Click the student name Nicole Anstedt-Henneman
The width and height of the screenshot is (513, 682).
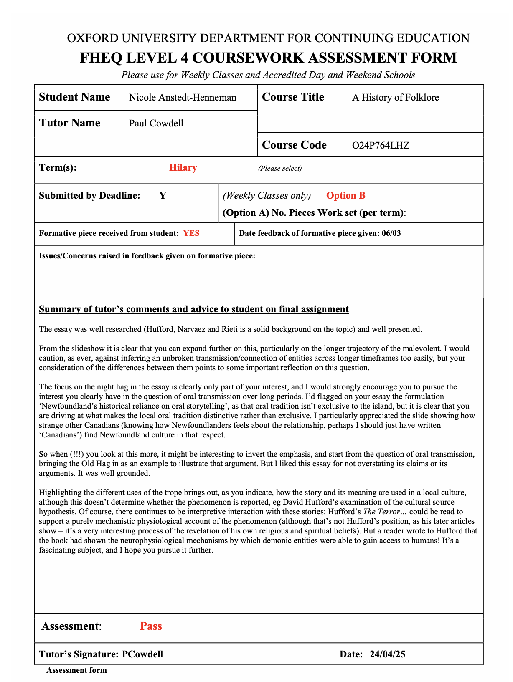183,98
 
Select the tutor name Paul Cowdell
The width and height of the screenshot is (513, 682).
156,124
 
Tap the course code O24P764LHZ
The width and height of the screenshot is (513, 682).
381,146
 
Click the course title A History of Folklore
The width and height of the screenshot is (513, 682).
396,98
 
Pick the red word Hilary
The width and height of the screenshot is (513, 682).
183,168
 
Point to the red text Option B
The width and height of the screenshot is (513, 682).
345,196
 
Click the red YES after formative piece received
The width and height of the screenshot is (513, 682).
191,233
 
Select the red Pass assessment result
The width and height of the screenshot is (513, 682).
151,626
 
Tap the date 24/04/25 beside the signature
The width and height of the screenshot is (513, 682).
387,654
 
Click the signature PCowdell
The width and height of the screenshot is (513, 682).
142,654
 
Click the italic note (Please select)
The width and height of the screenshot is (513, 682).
279,169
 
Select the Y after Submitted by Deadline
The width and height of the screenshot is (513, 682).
163,196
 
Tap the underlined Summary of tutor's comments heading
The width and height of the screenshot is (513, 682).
194,309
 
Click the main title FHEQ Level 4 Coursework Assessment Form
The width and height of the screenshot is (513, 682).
268,58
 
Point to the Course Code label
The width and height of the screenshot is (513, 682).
294,145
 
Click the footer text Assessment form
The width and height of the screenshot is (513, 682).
76,670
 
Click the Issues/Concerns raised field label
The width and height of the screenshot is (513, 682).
147,256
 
